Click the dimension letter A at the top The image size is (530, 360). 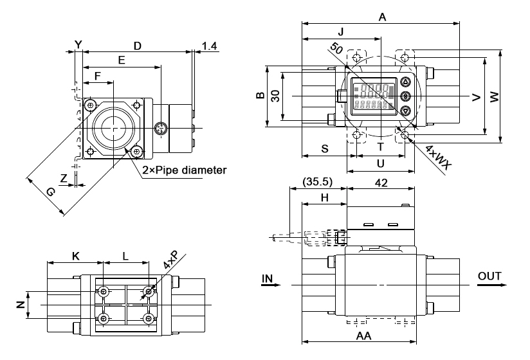point(382,18)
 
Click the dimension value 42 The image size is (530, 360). point(381,183)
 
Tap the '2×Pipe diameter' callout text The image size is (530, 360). point(185,170)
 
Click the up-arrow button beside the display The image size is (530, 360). point(405,82)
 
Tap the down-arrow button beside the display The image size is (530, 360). point(405,111)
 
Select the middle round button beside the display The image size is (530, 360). point(405,96)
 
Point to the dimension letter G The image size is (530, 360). point(51,191)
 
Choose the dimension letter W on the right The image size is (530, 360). point(494,97)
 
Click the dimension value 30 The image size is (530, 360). point(275,95)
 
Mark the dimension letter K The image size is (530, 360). point(75,256)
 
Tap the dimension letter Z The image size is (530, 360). point(63,177)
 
